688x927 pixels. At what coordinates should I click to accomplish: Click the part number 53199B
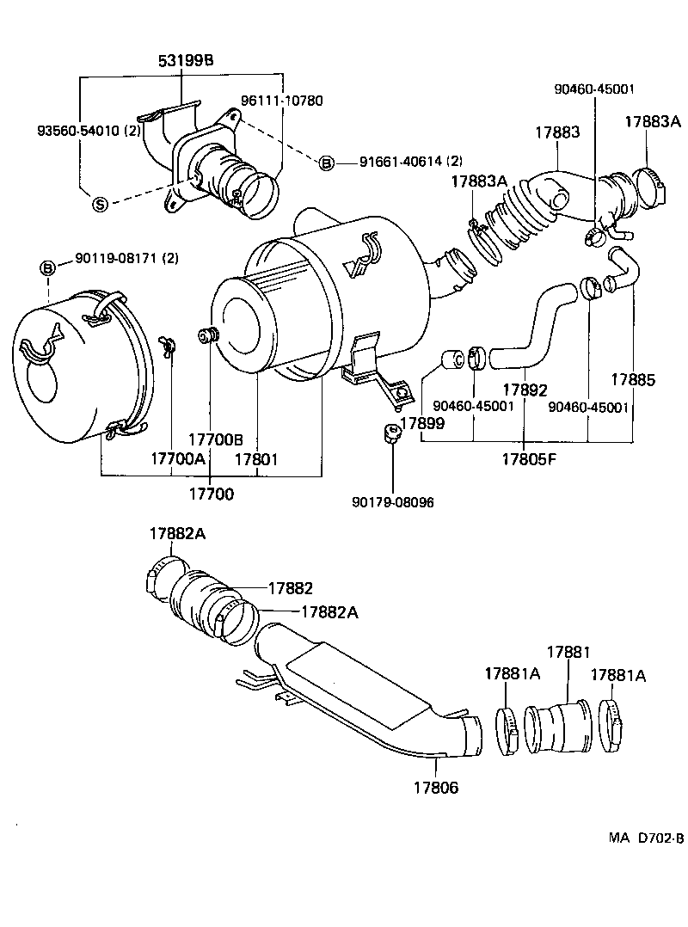(185, 61)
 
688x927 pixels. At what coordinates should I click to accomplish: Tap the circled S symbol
(100, 204)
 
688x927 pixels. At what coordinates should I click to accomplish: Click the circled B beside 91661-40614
(326, 163)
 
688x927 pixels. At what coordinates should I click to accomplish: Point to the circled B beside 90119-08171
(48, 269)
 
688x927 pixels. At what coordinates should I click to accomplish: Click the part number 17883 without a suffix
(557, 133)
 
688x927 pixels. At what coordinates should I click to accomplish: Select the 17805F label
(529, 458)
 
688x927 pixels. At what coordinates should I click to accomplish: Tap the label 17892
(524, 390)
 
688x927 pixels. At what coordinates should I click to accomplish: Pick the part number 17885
(635, 378)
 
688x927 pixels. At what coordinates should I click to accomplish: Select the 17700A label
(178, 458)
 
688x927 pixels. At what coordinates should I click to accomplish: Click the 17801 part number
(256, 458)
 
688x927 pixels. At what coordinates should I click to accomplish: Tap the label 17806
(435, 786)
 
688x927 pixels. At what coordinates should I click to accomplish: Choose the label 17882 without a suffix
(290, 588)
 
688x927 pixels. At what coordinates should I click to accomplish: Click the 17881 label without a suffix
(569, 653)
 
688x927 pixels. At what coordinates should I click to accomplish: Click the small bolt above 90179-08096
(390, 432)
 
